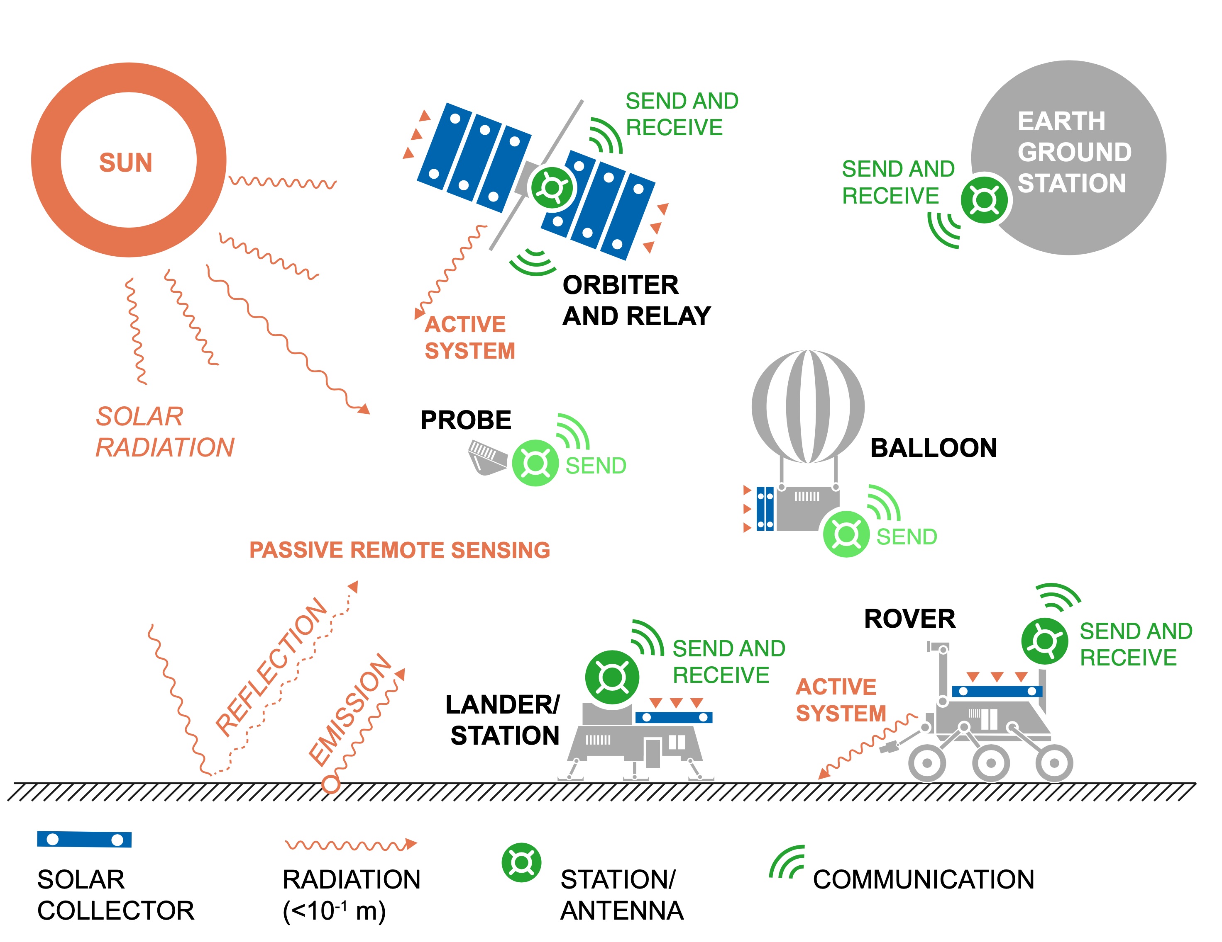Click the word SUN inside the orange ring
point(126,163)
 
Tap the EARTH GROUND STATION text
point(1073,152)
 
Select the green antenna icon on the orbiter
point(552,188)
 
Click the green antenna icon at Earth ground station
point(984,199)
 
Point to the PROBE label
point(466,420)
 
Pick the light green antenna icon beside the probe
point(535,463)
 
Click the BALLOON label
point(933,448)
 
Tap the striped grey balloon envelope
point(807,406)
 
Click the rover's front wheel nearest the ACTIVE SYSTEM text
point(926,762)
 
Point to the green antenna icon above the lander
point(612,677)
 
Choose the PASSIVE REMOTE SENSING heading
point(399,550)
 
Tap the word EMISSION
point(351,709)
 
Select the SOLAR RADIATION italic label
point(164,432)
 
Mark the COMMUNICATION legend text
point(923,879)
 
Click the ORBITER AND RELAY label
point(636,301)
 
